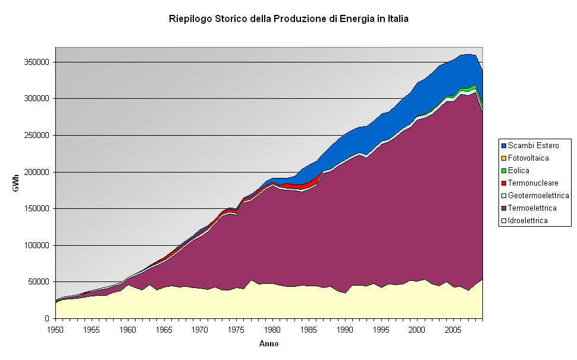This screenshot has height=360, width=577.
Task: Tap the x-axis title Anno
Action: pos(269,343)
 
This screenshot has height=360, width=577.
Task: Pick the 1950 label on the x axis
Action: pos(56,329)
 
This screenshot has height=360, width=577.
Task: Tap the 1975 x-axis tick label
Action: pos(236,329)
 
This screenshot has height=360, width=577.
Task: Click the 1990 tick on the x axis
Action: pos(345,329)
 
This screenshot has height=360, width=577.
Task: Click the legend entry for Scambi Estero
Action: pos(533,146)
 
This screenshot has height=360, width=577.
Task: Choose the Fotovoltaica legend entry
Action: pos(528,158)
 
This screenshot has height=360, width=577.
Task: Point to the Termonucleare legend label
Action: pos(533,183)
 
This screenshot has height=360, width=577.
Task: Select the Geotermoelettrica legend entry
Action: pos(538,196)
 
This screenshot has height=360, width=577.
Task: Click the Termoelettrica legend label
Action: pos(532,208)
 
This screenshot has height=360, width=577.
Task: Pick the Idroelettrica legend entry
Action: pos(528,221)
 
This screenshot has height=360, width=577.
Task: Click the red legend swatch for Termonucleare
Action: pos(503,183)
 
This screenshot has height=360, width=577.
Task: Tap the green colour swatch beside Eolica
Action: pos(503,171)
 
